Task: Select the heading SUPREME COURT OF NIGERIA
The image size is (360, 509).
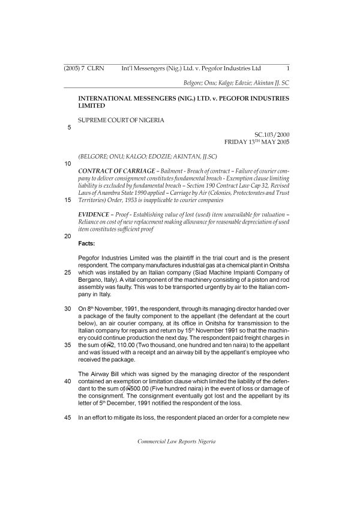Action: pos(121,121)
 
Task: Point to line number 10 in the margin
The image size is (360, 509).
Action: pos(67,163)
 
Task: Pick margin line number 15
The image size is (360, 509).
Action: pos(67,199)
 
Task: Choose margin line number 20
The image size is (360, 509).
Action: pos(67,236)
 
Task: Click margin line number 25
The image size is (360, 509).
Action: pos(67,272)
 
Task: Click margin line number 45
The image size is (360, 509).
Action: pos(67,417)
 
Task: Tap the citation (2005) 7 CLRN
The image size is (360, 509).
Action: pos(84,68)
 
